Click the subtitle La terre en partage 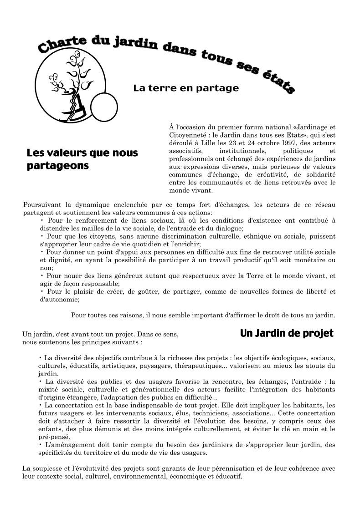click(186, 88)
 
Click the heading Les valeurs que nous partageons click(82, 159)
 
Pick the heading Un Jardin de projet click(287, 333)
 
